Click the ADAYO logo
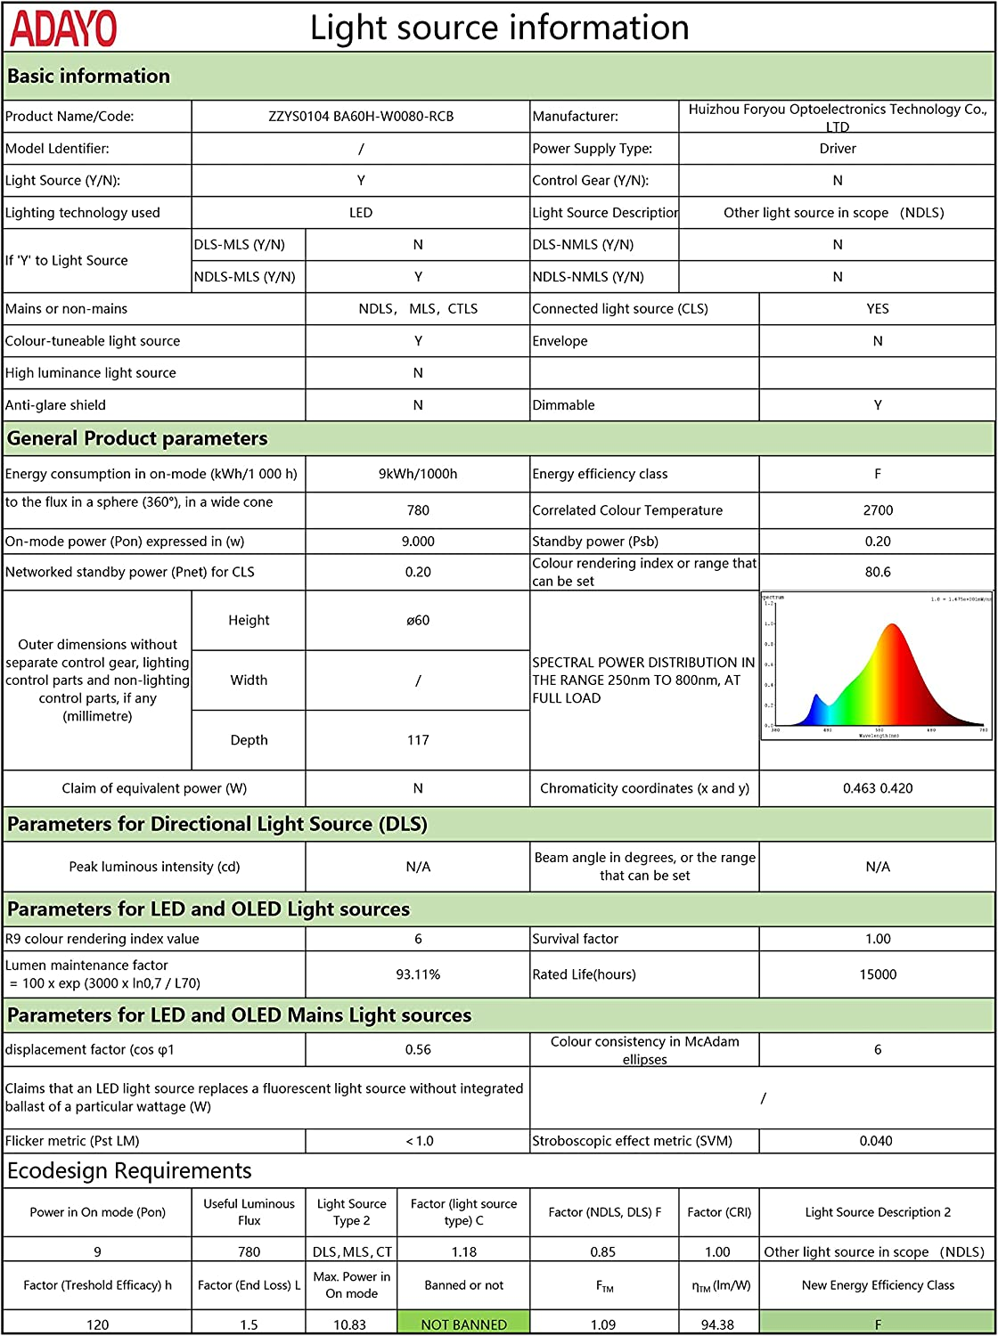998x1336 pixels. pos(63,29)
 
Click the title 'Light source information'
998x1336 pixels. pos(499,28)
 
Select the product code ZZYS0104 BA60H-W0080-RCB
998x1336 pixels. pos(361,117)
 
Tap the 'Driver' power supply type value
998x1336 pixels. pos(838,149)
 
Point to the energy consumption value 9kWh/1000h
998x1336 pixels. pos(418,474)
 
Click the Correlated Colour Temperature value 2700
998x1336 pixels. pos(878,510)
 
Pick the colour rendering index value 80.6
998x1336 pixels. pos(878,572)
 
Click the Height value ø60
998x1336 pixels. pos(418,621)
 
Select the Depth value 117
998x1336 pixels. pos(418,740)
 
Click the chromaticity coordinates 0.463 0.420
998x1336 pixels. pos(878,788)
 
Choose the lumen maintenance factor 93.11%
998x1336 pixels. pos(418,974)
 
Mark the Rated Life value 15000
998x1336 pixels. pos(878,974)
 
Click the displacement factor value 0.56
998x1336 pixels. pos(418,1050)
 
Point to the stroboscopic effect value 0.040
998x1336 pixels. pos(876,1141)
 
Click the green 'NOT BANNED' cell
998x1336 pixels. pos(463,1324)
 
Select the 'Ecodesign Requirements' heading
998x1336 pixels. pos(129,1171)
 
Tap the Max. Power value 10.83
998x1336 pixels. pos(352,1324)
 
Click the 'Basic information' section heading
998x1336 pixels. pos(88,77)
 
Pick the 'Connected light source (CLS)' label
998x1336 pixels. pos(620,309)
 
